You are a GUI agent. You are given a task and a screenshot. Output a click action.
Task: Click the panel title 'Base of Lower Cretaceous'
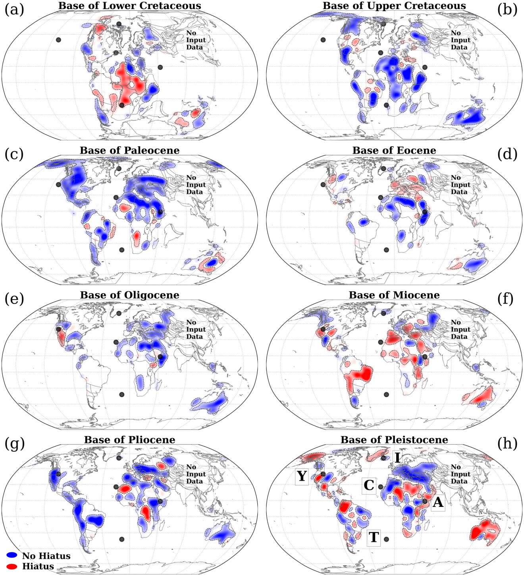tap(129, 6)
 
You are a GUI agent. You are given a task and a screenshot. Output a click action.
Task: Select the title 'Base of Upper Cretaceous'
tap(394, 6)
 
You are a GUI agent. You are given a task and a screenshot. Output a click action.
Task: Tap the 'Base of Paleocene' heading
tap(129, 151)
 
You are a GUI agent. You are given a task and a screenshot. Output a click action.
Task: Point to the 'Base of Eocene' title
tap(394, 151)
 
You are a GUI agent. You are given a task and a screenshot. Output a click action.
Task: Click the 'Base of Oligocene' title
tap(129, 295)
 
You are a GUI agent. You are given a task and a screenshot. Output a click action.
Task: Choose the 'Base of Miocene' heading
tap(394, 295)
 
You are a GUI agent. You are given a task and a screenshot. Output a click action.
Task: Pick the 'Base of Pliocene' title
tap(129, 440)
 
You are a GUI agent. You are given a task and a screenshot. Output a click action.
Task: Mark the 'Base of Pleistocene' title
tap(394, 440)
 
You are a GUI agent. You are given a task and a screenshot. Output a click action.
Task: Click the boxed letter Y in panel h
tap(302, 476)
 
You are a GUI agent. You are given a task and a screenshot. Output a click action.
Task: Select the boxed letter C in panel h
tap(369, 485)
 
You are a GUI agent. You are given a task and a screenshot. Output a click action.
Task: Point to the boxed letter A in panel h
tap(437, 503)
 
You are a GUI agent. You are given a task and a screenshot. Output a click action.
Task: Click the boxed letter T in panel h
tap(374, 537)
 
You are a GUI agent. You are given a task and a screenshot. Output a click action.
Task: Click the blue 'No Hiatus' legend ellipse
tap(12, 555)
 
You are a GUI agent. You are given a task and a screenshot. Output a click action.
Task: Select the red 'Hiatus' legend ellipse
tap(12, 566)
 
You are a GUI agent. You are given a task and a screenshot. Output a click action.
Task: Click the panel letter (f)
tap(507, 299)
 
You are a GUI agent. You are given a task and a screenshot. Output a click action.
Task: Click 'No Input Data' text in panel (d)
tap(460, 185)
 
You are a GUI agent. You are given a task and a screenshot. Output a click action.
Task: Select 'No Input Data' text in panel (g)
tap(196, 474)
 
